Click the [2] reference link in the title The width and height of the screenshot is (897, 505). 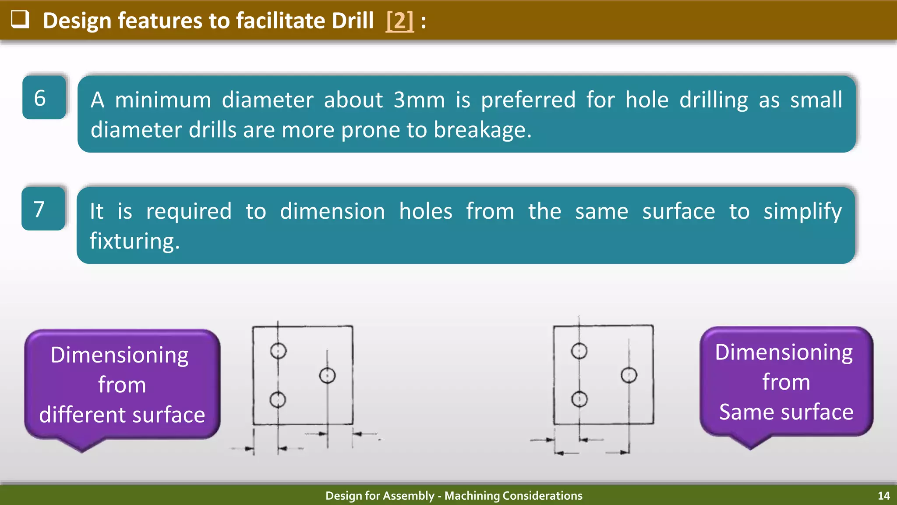pyautogui.click(x=399, y=21)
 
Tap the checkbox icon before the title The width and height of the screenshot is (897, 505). pyautogui.click(x=20, y=19)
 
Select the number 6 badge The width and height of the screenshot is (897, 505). pyautogui.click(x=44, y=97)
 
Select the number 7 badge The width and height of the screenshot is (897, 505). pyautogui.click(x=43, y=209)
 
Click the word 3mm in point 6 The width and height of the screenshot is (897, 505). pyautogui.click(x=419, y=100)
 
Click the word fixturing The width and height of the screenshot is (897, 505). pyautogui.click(x=134, y=241)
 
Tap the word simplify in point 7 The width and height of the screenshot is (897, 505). pyautogui.click(x=802, y=211)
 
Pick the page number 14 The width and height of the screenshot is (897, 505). pyautogui.click(x=883, y=496)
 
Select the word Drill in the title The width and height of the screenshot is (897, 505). pyautogui.click(x=352, y=21)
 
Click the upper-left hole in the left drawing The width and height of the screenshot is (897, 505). pyautogui.click(x=278, y=351)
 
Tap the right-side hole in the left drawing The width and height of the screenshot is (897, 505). pyautogui.click(x=327, y=375)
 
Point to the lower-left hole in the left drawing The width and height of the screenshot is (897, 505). pyautogui.click(x=278, y=399)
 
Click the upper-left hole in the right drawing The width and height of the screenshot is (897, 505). pyautogui.click(x=579, y=351)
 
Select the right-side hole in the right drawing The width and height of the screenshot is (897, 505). pyautogui.click(x=629, y=375)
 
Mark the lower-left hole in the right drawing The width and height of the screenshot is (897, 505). pyautogui.click(x=579, y=399)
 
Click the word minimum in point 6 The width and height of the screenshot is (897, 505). pyautogui.click(x=163, y=100)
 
